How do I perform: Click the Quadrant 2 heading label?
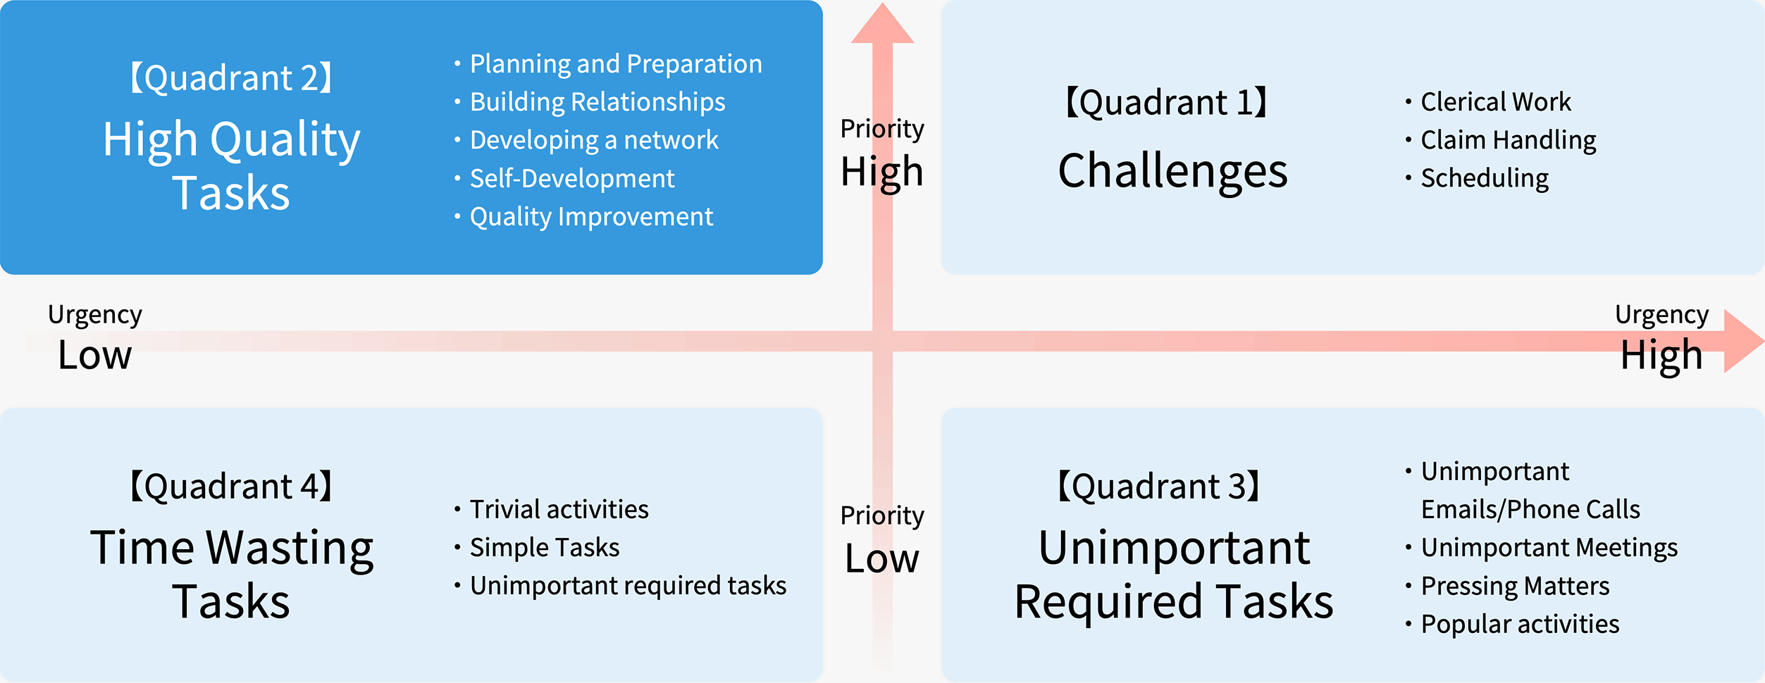coord(231,77)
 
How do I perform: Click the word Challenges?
coord(1172,172)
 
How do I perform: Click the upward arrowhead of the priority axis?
coord(882,23)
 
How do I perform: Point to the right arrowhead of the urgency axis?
coord(1744,341)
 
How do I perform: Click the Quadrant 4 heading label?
coord(231,487)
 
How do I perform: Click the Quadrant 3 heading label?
coord(1159,487)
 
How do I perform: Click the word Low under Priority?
coord(882,559)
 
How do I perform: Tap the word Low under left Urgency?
coord(95,355)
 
